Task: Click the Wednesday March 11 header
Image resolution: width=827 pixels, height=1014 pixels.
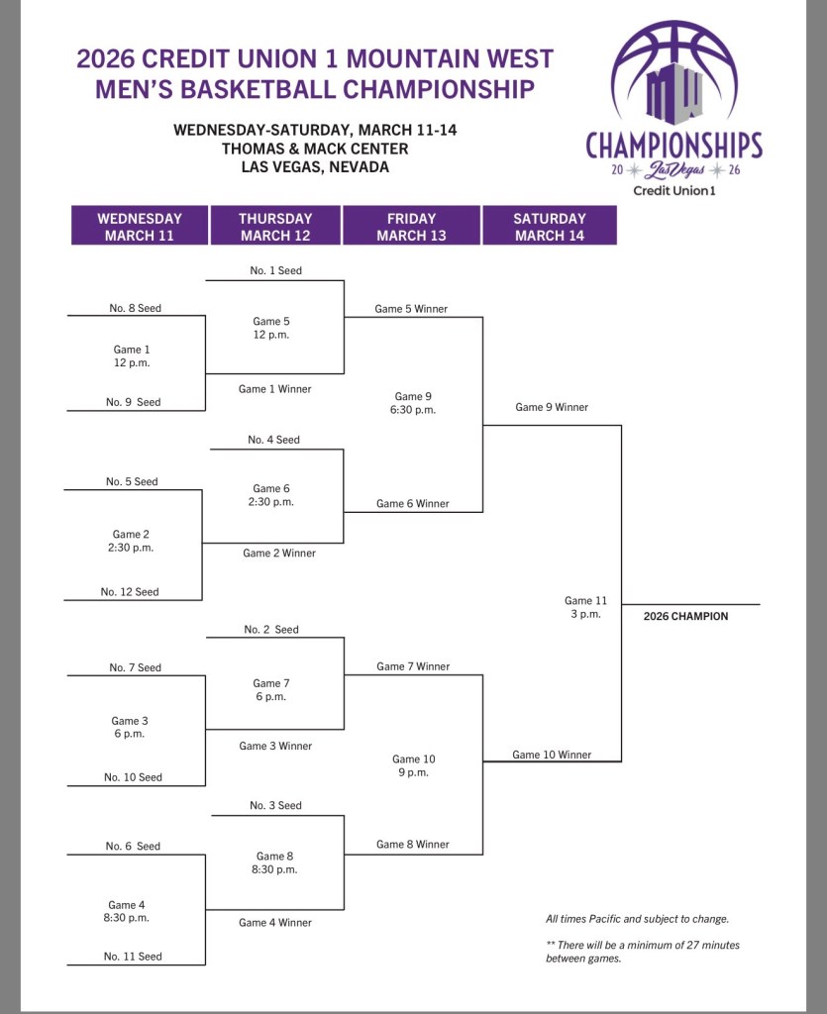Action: click(140, 227)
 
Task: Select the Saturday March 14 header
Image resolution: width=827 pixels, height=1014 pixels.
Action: click(550, 227)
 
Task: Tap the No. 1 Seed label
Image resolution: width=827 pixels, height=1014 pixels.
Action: click(276, 270)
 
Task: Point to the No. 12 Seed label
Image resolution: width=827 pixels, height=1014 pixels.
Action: click(130, 592)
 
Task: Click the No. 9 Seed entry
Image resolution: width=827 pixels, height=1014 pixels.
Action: click(135, 402)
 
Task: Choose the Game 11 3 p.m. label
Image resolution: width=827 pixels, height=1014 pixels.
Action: click(585, 607)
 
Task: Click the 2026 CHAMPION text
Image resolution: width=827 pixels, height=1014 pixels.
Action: click(685, 616)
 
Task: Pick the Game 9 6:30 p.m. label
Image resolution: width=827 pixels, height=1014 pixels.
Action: click(414, 403)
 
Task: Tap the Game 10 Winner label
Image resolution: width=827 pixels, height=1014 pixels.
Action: click(552, 755)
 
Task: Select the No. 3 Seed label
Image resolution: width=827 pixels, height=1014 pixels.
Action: click(275, 805)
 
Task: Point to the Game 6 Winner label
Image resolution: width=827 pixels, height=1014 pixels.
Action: click(412, 503)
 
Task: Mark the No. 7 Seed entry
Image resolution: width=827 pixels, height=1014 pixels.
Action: click(135, 667)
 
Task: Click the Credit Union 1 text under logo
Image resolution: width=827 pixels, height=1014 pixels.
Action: click(673, 190)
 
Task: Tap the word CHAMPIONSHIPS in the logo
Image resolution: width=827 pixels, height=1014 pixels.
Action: click(673, 146)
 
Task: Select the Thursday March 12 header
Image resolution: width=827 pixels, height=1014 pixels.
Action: click(275, 227)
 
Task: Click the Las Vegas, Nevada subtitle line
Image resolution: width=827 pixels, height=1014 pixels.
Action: click(315, 167)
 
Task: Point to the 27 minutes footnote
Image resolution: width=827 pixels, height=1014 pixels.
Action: click(642, 952)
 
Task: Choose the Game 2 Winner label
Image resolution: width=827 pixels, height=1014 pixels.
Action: click(279, 553)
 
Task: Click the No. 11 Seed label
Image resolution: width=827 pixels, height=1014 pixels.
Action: click(133, 956)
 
